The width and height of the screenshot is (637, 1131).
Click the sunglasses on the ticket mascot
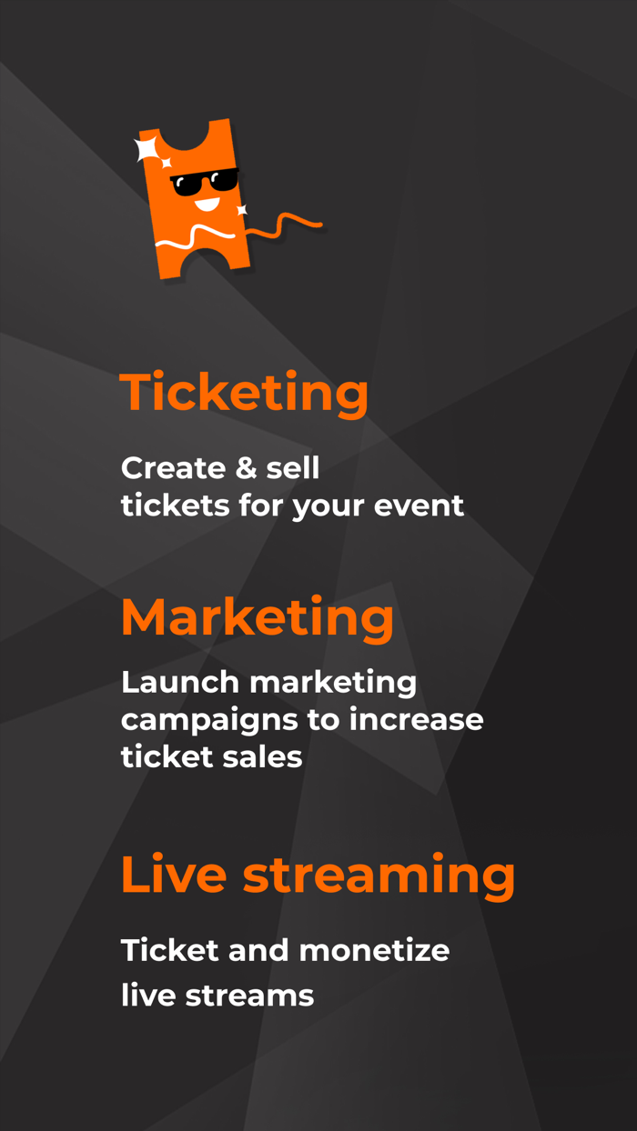[204, 182]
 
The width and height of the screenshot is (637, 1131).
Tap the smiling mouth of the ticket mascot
[209, 203]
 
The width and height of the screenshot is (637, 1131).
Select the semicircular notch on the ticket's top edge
[188, 136]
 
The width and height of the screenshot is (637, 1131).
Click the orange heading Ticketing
[244, 393]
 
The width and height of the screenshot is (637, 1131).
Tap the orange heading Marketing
[258, 617]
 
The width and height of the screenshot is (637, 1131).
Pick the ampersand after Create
[239, 468]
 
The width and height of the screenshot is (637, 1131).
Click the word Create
[172, 468]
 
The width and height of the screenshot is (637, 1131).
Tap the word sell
[292, 468]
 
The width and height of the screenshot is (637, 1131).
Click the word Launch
[180, 682]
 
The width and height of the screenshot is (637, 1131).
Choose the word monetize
[374, 951]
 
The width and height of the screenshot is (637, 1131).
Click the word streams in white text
[249, 995]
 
